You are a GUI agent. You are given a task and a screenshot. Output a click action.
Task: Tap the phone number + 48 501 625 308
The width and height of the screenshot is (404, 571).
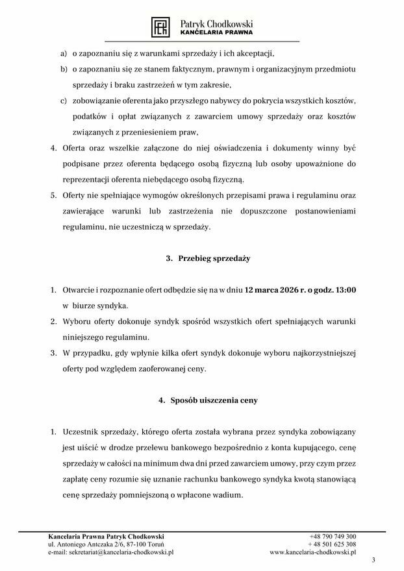332,544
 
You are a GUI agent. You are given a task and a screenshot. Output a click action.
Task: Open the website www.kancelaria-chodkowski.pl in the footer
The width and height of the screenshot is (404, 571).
312,553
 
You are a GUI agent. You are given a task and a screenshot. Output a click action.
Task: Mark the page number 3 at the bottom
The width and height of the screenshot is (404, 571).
373,560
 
